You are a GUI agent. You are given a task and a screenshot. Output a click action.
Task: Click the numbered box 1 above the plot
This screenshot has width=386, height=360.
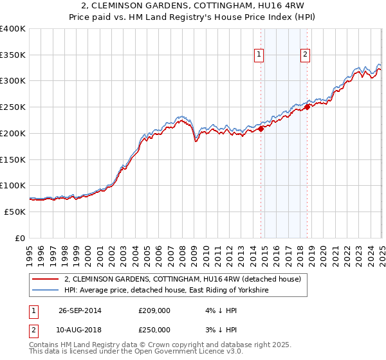click(x=259, y=55)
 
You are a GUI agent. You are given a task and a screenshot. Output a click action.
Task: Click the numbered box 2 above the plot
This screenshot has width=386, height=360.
click(x=304, y=55)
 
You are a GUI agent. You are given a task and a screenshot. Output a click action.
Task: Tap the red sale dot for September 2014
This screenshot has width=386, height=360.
click(x=261, y=129)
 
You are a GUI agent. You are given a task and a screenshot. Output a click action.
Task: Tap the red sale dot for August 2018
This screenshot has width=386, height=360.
click(x=307, y=107)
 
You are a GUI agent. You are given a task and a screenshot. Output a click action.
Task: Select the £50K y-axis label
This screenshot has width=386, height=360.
click(x=15, y=212)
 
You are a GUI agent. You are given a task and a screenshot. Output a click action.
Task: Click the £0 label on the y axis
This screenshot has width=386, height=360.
click(x=19, y=238)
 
